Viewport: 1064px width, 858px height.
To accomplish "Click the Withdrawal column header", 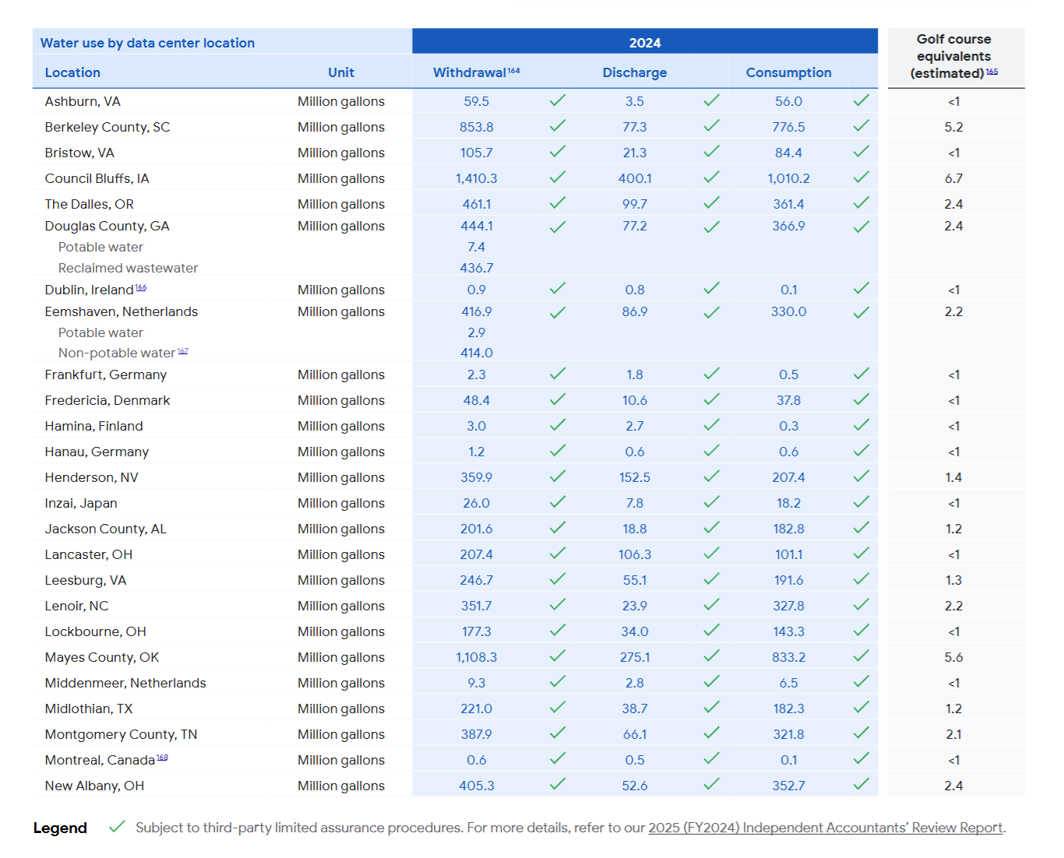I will point(470,72).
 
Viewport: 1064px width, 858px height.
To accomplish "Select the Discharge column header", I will point(634,72).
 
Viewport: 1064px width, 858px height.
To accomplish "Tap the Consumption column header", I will point(788,72).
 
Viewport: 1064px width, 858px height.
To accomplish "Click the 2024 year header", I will point(644,43).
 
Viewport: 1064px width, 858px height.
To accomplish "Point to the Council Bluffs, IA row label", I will point(97,178).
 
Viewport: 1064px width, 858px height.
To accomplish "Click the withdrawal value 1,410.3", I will point(476,178).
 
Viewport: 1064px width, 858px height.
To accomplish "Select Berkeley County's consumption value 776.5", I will point(788,127).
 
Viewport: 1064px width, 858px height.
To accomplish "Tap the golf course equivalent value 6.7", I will point(953,178).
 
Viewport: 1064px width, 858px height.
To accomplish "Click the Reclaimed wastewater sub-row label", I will point(128,268).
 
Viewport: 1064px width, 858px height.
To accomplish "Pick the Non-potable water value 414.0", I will point(476,353).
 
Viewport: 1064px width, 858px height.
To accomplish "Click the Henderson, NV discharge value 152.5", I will point(634,477).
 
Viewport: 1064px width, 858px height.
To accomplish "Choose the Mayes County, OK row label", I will point(101,657).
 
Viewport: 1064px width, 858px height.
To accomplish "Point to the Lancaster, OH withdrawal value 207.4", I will point(476,554).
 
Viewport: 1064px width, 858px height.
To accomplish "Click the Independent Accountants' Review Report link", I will point(825,828).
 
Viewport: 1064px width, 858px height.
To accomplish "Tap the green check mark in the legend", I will point(117,826).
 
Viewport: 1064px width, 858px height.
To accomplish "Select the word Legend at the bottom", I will point(60,828).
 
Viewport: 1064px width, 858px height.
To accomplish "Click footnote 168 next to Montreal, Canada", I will point(162,757).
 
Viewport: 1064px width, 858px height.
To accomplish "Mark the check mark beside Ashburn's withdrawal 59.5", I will point(557,100).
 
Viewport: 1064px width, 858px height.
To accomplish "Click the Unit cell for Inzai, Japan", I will point(340,503).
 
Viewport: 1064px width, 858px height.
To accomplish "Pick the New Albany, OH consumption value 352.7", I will point(788,786).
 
